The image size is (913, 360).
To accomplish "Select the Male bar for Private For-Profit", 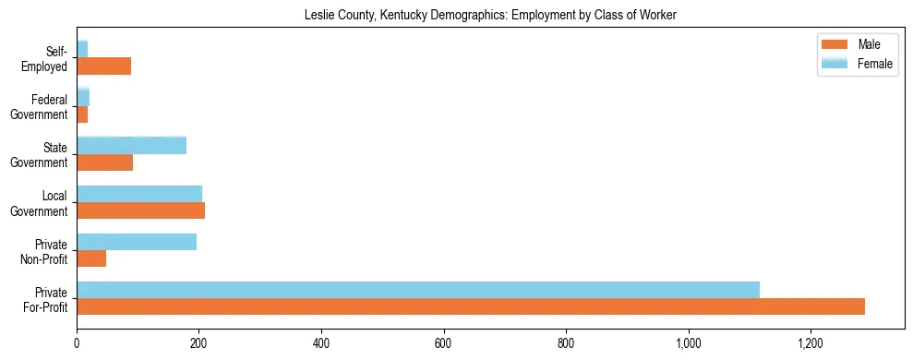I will coord(471,306).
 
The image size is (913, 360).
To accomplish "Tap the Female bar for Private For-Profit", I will coord(418,289).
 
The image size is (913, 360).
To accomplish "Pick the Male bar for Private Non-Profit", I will coord(91,258).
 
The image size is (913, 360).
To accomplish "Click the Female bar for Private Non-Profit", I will coord(137,241).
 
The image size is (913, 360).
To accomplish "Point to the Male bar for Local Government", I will coord(140,210).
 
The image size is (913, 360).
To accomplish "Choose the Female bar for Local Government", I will coord(139,193).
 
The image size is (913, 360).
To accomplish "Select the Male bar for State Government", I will coord(104,162).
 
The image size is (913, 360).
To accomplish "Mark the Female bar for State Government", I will coord(131,145).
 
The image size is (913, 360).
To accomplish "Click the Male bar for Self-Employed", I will coord(103,66).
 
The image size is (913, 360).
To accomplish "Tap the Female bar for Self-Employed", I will coord(82,49).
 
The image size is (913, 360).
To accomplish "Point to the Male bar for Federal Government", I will coord(82,114).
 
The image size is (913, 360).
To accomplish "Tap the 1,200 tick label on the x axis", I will coord(811,344).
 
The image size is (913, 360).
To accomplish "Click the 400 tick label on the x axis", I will coord(321,344).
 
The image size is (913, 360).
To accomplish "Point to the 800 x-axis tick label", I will coord(566,344).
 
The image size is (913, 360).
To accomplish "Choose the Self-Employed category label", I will coord(45,58).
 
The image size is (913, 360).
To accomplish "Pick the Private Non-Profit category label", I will coord(42,251).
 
